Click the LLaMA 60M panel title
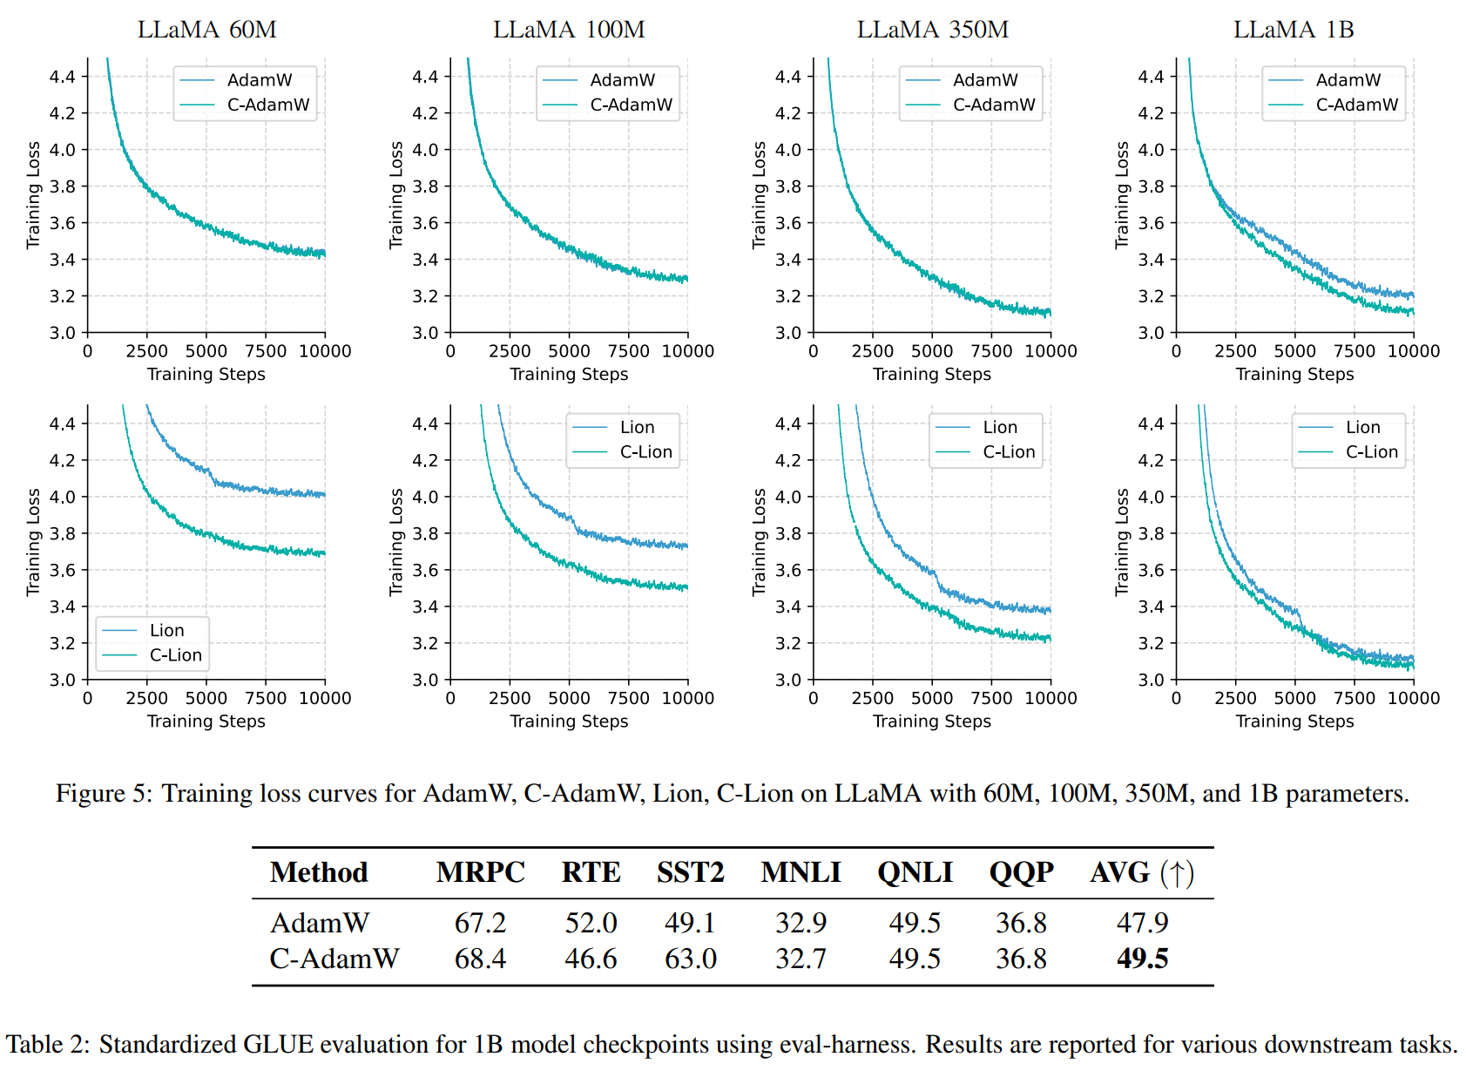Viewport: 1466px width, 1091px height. point(206,30)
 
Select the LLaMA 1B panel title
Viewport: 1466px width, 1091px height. point(1294,30)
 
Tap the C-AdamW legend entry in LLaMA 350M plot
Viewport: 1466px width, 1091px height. point(994,105)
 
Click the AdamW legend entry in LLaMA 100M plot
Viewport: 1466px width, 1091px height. point(622,80)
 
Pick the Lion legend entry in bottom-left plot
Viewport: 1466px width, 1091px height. point(166,630)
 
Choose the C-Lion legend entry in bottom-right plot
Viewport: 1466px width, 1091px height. point(1371,451)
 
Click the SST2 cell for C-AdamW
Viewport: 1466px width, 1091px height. point(690,959)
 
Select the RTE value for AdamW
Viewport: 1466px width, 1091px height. point(591,922)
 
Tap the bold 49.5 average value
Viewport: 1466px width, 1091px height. point(1142,959)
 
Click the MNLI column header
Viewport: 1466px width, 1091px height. point(801,872)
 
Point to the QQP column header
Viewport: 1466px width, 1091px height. point(1021,872)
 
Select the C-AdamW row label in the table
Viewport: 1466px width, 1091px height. point(334,959)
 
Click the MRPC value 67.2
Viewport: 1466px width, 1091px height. point(480,922)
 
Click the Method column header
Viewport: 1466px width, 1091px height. point(319,872)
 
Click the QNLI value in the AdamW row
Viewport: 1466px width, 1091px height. point(915,922)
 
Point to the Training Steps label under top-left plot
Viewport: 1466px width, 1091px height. point(206,374)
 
